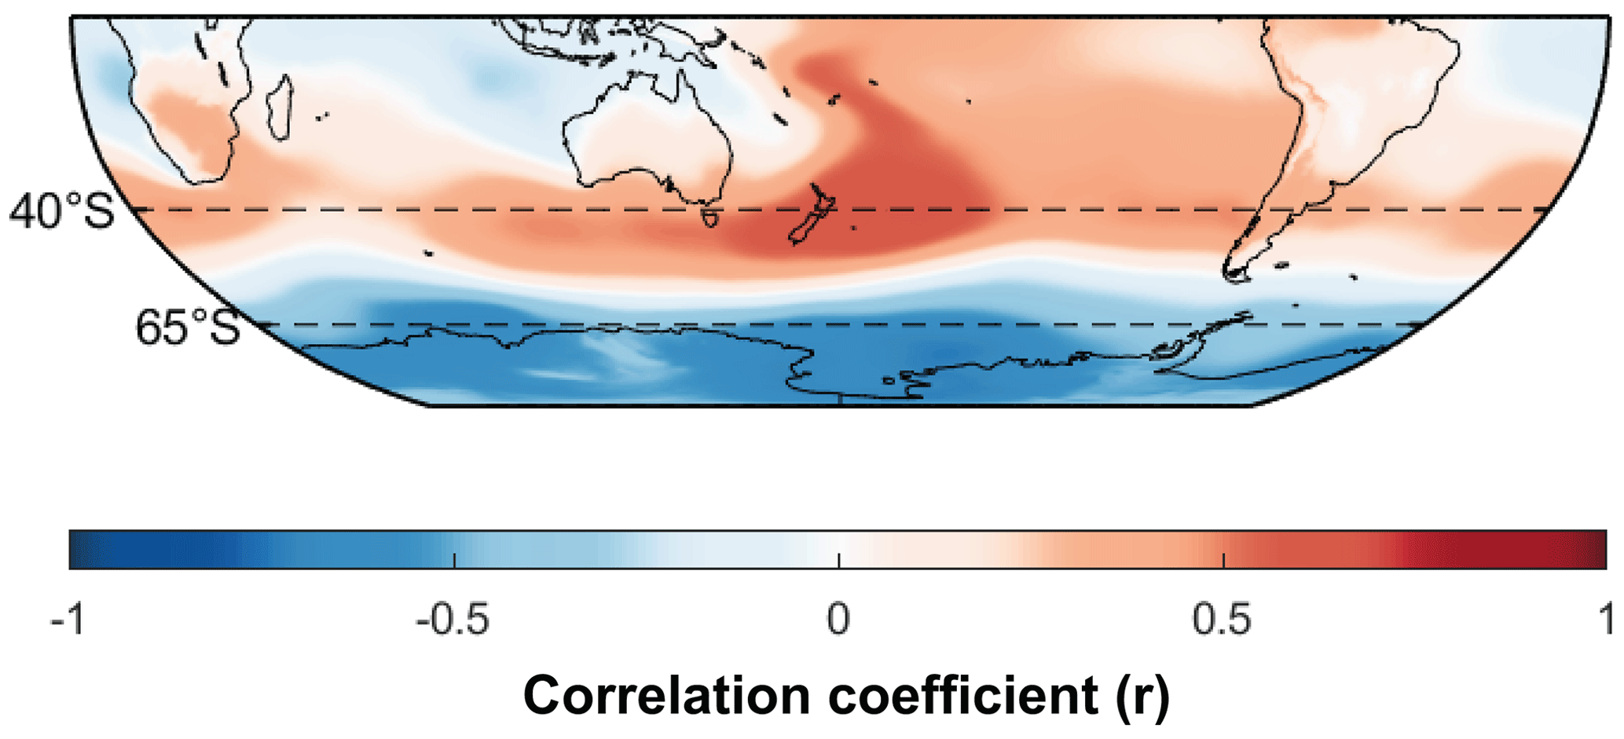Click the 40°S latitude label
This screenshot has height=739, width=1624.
[62, 210]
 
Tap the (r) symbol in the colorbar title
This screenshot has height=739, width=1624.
[1143, 695]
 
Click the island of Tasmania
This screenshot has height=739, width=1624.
[710, 215]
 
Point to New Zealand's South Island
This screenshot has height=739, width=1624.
[805, 228]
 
